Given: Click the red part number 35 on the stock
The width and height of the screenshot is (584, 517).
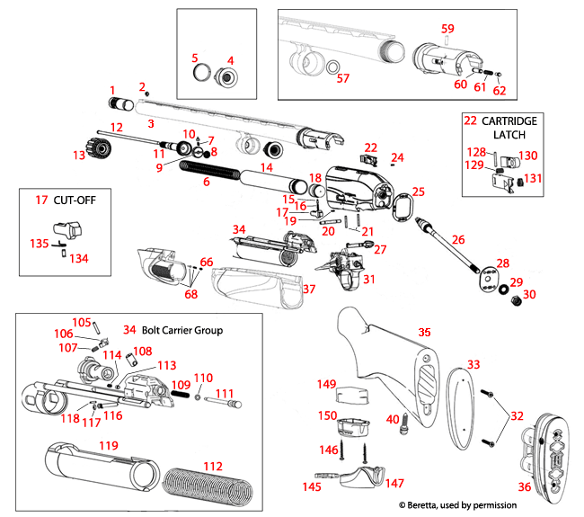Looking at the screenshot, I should (427, 333).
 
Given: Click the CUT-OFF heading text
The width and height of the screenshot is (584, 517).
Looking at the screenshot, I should (58, 201).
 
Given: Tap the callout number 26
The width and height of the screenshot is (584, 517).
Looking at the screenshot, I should (459, 240).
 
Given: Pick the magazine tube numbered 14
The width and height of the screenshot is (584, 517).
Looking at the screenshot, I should (269, 181).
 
